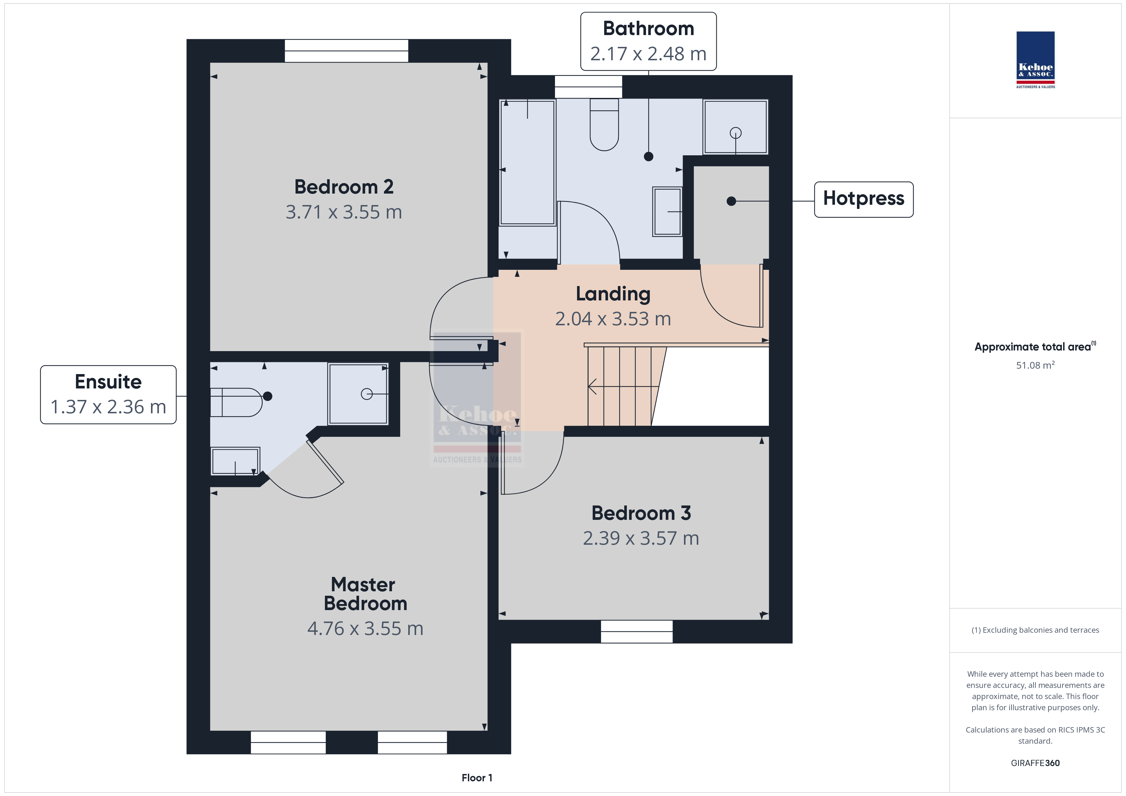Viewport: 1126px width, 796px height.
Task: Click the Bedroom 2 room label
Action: (x=344, y=187)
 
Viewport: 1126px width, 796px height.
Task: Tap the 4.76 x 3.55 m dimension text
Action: (x=365, y=628)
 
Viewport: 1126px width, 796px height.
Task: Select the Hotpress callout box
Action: (x=864, y=199)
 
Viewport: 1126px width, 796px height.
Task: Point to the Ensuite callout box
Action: (x=109, y=394)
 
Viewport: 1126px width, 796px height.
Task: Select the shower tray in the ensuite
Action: (x=358, y=394)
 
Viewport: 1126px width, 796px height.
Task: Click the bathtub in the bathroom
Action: (x=527, y=163)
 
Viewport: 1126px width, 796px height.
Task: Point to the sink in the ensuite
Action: (x=236, y=461)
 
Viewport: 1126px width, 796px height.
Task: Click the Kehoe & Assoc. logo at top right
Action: (x=1035, y=60)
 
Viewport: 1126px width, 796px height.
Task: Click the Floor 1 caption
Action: (x=477, y=778)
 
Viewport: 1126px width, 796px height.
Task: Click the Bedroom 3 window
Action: (x=636, y=631)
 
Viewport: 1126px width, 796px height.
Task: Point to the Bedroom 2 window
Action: (x=346, y=50)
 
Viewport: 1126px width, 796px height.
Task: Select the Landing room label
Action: (x=613, y=294)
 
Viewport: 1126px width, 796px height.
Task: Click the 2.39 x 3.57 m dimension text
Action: (x=641, y=538)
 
